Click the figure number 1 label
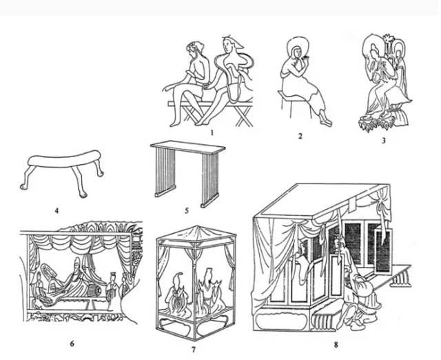212,132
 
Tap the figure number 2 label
300,136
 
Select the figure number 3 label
383,140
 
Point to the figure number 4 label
57,210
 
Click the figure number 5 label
187,210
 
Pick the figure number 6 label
72,343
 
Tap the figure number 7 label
193,349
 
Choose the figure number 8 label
336,344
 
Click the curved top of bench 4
65,160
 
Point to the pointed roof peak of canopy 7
198,227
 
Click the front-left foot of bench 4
24,186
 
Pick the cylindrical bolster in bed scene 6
94,290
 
